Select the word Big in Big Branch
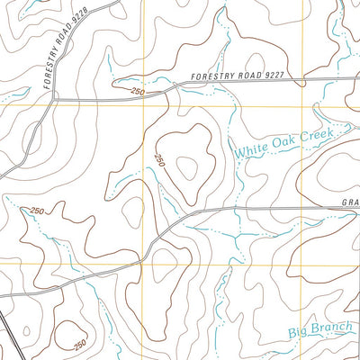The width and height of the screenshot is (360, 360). (299, 332)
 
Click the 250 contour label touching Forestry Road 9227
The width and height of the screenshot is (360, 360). (137, 92)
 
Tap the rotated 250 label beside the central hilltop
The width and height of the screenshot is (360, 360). (159, 160)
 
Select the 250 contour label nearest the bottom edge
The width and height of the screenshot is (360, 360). (79, 345)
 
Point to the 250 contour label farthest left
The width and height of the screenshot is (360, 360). (35, 211)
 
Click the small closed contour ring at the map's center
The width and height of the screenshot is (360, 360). (188, 166)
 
